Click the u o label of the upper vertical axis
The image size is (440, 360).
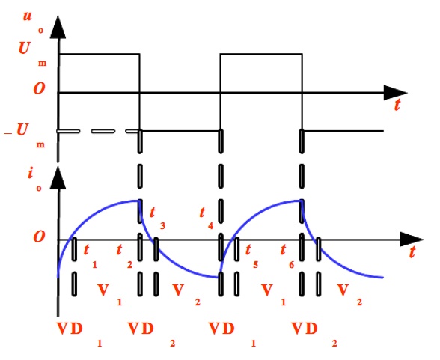(33, 22)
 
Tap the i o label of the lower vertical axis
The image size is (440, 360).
(34, 179)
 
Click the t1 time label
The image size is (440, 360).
(90, 255)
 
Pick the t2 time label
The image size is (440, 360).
(124, 255)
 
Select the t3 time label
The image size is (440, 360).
(157, 218)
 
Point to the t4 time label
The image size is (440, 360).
(207, 218)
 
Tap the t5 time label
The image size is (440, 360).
(251, 255)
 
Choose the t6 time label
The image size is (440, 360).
(287, 255)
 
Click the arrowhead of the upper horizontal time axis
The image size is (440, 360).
(395, 93)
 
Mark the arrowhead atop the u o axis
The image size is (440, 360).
(58, 27)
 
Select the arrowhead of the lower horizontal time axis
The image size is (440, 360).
(411, 240)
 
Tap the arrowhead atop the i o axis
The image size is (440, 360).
(58, 178)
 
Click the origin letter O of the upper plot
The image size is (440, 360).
(39, 88)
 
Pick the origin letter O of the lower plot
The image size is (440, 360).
(39, 237)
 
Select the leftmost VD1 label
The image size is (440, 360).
(79, 334)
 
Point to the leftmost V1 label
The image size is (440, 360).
(109, 294)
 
